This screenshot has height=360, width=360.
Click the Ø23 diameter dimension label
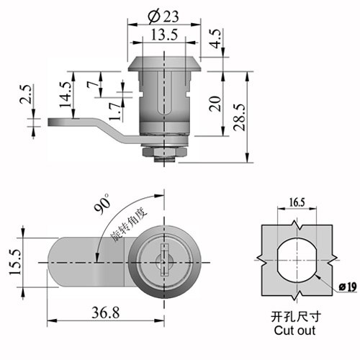tap(163, 17)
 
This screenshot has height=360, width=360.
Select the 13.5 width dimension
tap(164, 35)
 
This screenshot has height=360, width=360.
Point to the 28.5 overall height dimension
tap(240, 117)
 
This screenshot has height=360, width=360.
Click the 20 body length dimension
tap(215, 104)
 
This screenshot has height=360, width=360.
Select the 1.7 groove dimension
tap(114, 112)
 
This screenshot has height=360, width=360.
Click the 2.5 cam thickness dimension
tap(26, 94)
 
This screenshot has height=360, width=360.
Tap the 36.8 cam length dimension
tap(105, 313)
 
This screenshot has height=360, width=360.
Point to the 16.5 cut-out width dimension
tap(297, 202)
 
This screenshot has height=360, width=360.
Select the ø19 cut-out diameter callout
tap(348, 287)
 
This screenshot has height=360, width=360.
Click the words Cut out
tap(294, 330)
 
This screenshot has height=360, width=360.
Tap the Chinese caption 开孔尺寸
tap(296, 317)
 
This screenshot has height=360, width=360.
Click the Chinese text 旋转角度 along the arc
tap(128, 225)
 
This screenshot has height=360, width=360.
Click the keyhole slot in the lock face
tap(164, 260)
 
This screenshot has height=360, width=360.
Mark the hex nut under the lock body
tap(164, 152)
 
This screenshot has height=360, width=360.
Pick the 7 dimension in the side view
tap(93, 84)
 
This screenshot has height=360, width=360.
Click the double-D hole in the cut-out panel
tap(297, 260)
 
